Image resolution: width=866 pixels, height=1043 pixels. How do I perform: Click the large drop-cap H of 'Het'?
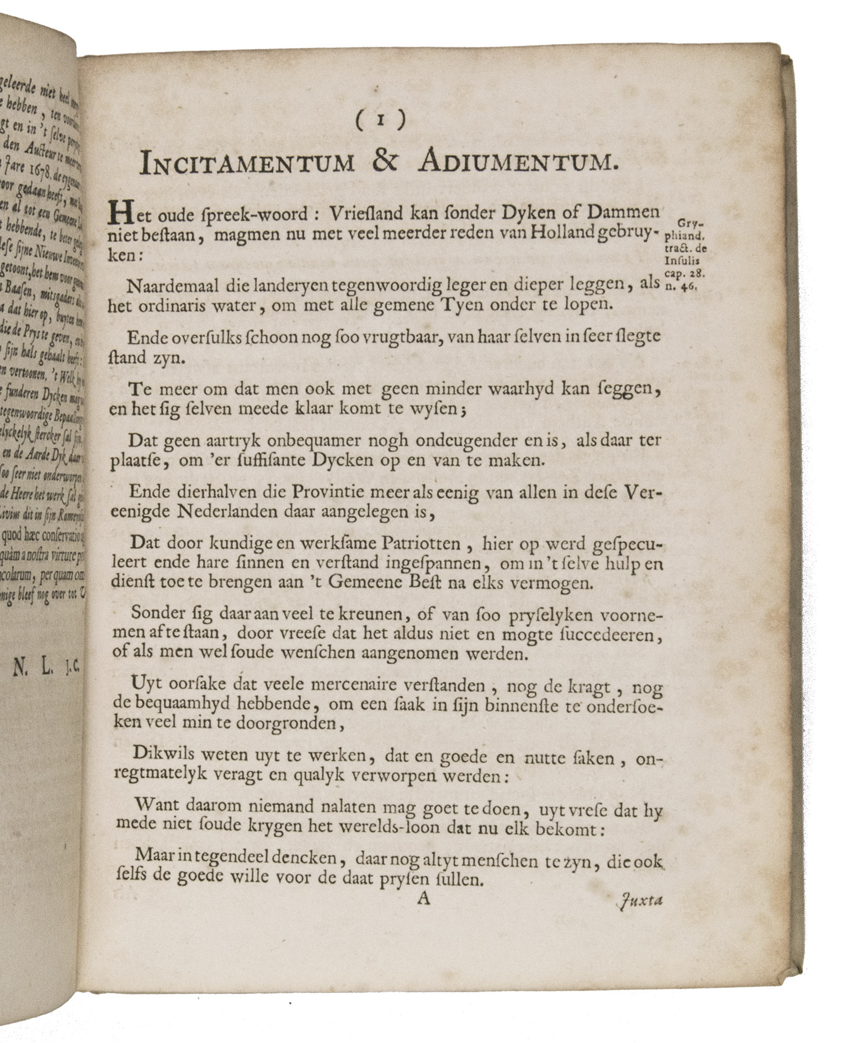point(121,214)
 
